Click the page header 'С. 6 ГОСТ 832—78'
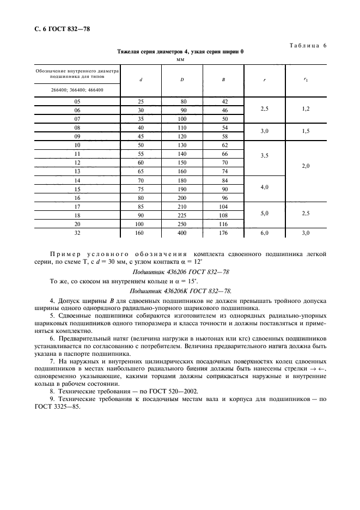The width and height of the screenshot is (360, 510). pyautogui.click(x=58, y=28)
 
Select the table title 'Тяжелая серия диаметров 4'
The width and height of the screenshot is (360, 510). pyautogui.click(x=180, y=52)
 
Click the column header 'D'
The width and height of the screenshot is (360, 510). pyautogui.click(x=182, y=80)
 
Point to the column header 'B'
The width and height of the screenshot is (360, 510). pyautogui.click(x=223, y=80)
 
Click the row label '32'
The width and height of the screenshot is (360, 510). pyautogui.click(x=77, y=233)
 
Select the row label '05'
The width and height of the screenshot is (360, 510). pyautogui.click(x=77, y=101)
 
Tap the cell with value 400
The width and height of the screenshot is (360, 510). pyautogui.click(x=182, y=233)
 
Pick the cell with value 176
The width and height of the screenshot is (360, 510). pyautogui.click(x=223, y=233)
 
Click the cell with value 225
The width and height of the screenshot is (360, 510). pyautogui.click(x=182, y=215)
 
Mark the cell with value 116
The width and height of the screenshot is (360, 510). pyautogui.click(x=223, y=224)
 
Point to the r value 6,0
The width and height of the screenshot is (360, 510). pyautogui.click(x=265, y=233)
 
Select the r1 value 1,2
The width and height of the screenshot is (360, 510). pyautogui.click(x=306, y=110)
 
